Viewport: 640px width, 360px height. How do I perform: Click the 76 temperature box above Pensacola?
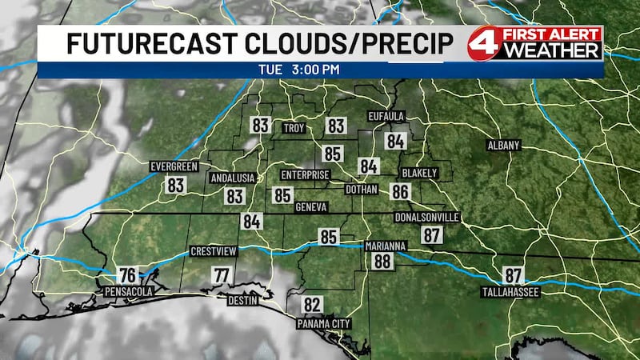127,274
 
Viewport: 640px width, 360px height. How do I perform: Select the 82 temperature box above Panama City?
312,305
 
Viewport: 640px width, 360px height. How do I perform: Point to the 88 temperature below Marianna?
382,261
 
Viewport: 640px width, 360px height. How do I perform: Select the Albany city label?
504,146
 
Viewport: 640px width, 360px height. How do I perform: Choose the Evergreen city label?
174,166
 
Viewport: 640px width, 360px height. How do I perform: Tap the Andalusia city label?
232,178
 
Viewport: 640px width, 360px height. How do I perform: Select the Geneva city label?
311,207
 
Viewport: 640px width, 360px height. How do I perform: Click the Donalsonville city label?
427,217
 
